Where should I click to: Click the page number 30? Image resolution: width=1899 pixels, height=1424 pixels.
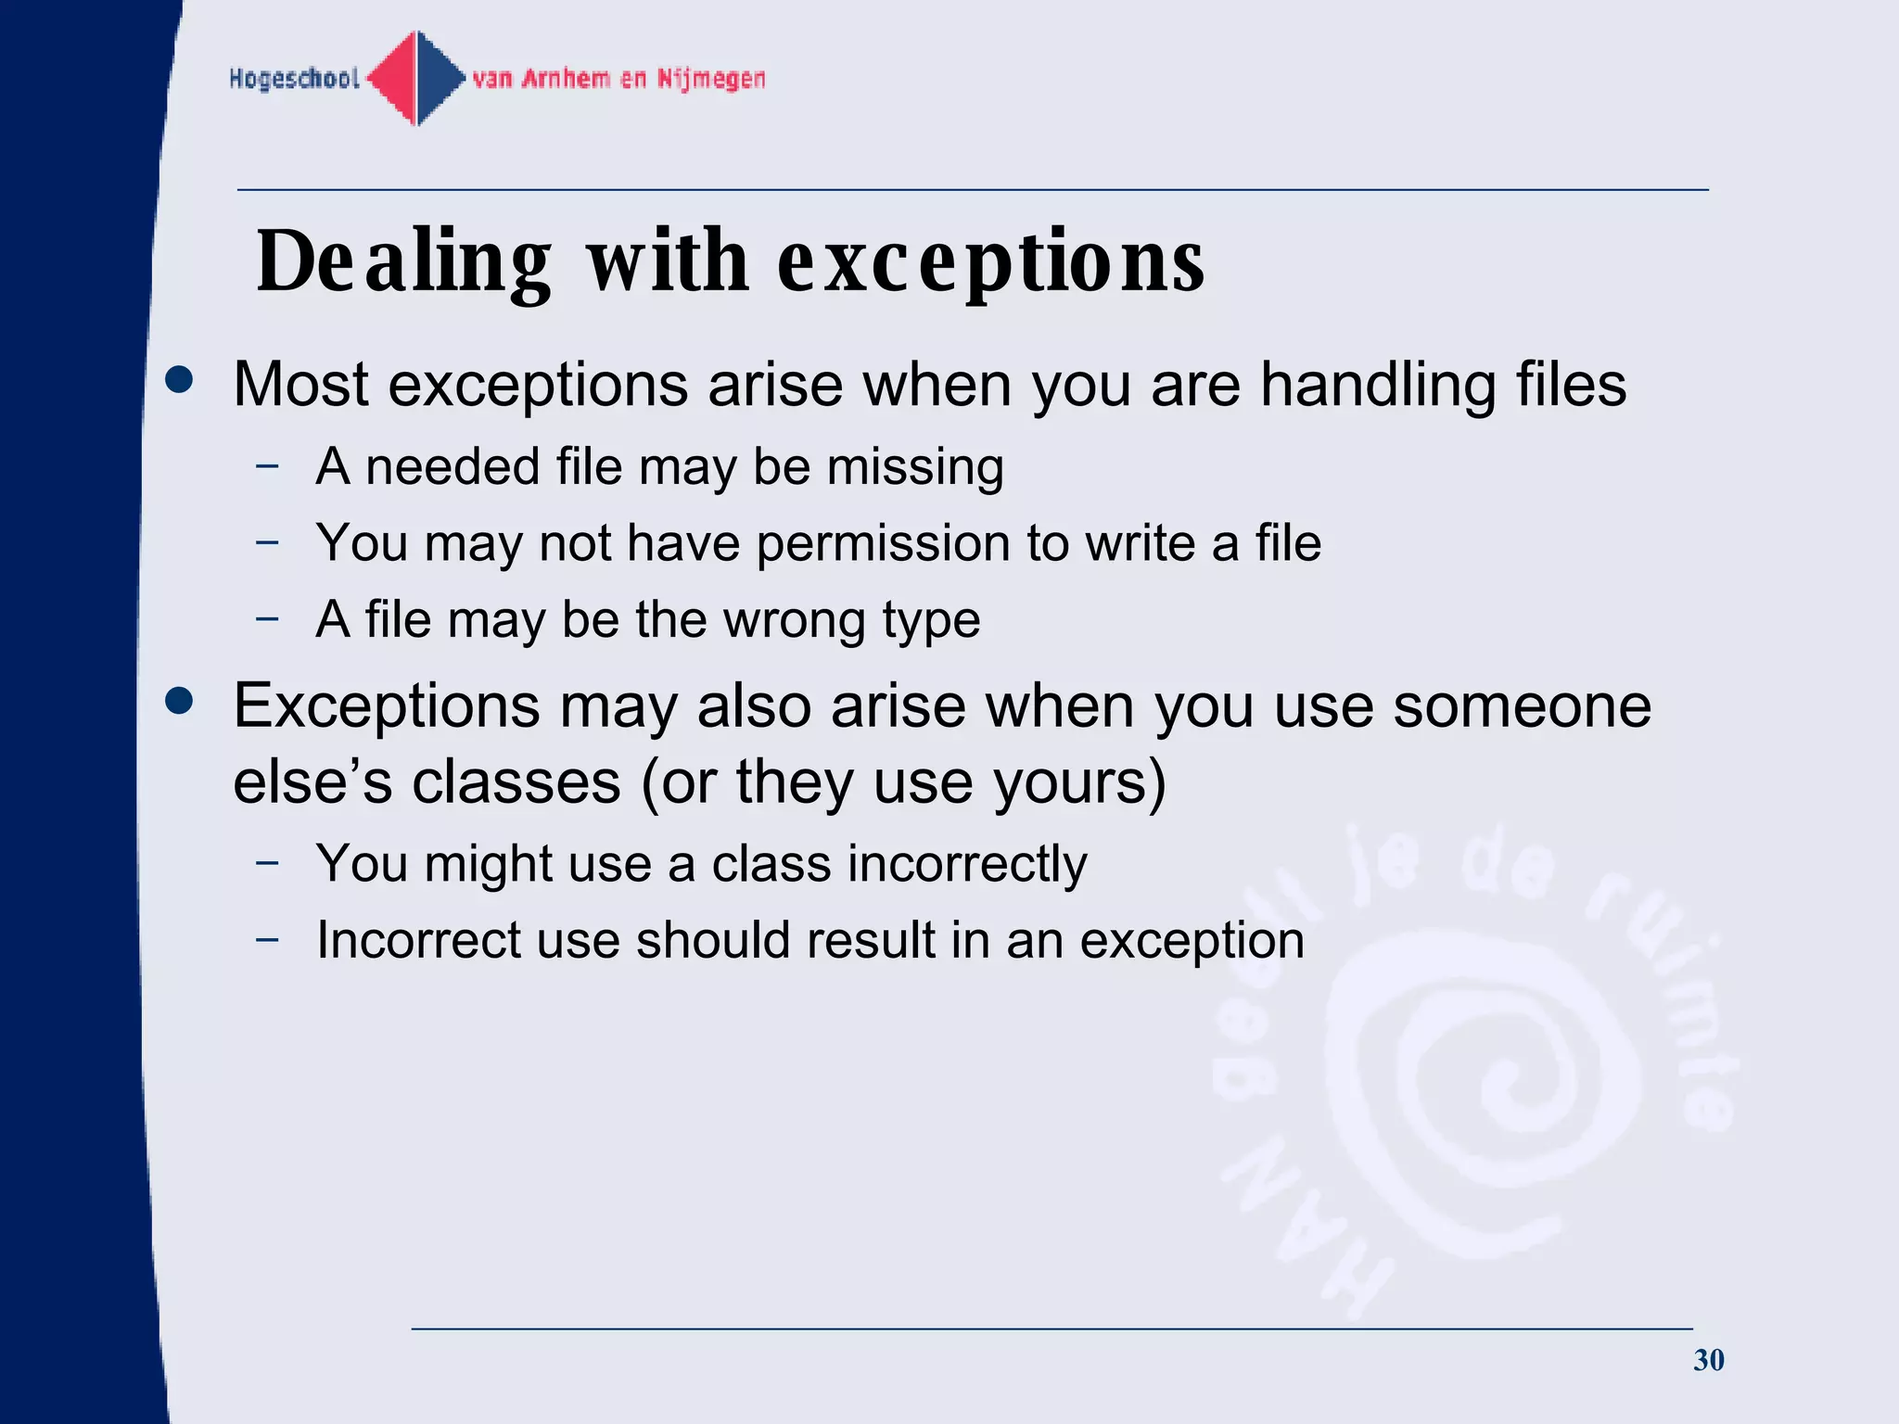pyautogui.click(x=1708, y=1360)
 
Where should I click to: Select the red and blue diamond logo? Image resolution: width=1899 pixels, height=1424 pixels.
pyautogui.click(x=417, y=78)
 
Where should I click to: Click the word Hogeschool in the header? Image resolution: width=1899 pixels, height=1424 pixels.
pyautogui.click(x=294, y=79)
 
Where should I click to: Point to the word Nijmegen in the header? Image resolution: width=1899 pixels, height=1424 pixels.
pyautogui.click(x=711, y=79)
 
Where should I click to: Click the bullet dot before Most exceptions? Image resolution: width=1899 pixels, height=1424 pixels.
pyautogui.click(x=179, y=380)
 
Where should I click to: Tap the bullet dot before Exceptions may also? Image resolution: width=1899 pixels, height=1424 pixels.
pyautogui.click(x=179, y=702)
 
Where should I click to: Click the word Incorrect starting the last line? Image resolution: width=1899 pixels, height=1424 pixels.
pyautogui.click(x=418, y=940)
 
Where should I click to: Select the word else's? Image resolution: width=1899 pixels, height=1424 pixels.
pyautogui.click(x=312, y=782)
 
